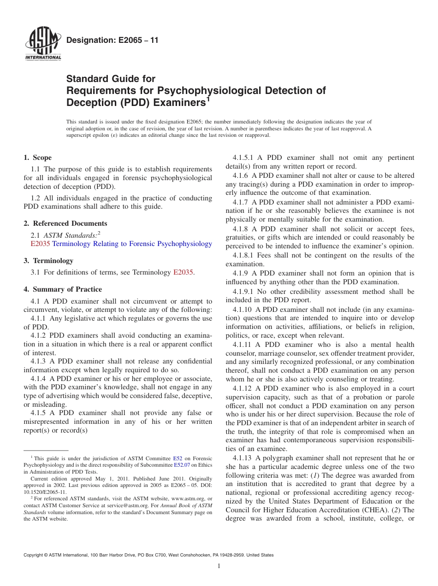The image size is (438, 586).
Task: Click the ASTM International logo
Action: (x=42, y=44)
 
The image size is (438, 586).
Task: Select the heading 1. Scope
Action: (x=38, y=158)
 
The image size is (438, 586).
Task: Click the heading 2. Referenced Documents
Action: (x=65, y=223)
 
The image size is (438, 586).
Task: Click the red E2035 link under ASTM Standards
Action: (x=40, y=244)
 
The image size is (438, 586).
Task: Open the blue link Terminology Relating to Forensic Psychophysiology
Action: (x=132, y=244)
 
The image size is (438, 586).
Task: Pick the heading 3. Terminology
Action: (x=48, y=261)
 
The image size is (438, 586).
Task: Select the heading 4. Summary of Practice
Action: (x=63, y=289)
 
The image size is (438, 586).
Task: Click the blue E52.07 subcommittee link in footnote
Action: (x=182, y=465)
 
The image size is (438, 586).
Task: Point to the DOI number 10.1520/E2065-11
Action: (x=45, y=492)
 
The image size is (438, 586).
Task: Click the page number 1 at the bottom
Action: (x=219, y=566)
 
